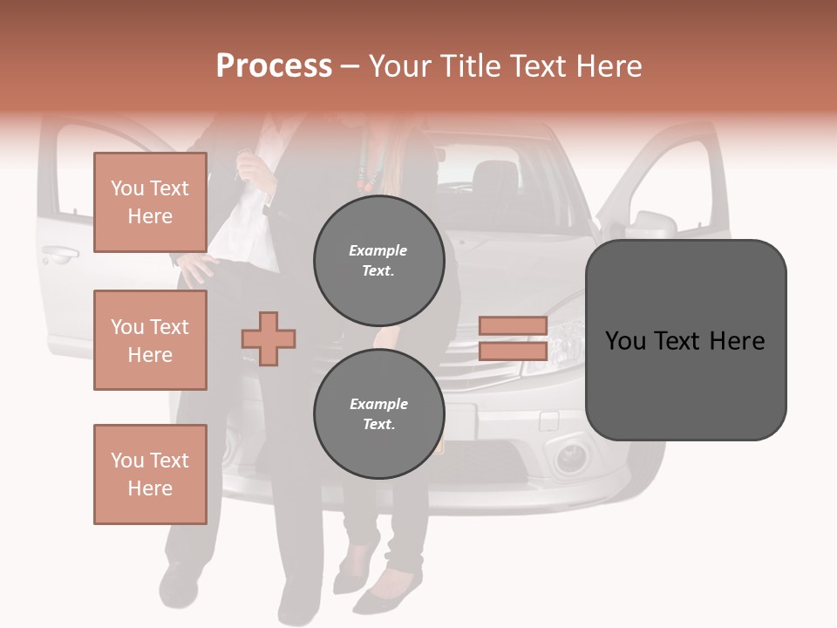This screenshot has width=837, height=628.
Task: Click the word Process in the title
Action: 274,66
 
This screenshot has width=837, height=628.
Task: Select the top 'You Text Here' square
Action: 150,202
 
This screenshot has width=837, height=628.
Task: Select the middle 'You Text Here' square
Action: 150,340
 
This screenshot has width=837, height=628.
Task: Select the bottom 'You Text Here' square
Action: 150,474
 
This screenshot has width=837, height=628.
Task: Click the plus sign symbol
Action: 269,338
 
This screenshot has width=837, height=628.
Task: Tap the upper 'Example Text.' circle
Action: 378,261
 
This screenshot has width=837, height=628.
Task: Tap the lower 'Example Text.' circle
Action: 378,414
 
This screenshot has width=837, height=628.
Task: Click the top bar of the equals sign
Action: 513,326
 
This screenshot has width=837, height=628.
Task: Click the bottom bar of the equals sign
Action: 513,351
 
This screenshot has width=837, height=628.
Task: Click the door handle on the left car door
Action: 59,256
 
